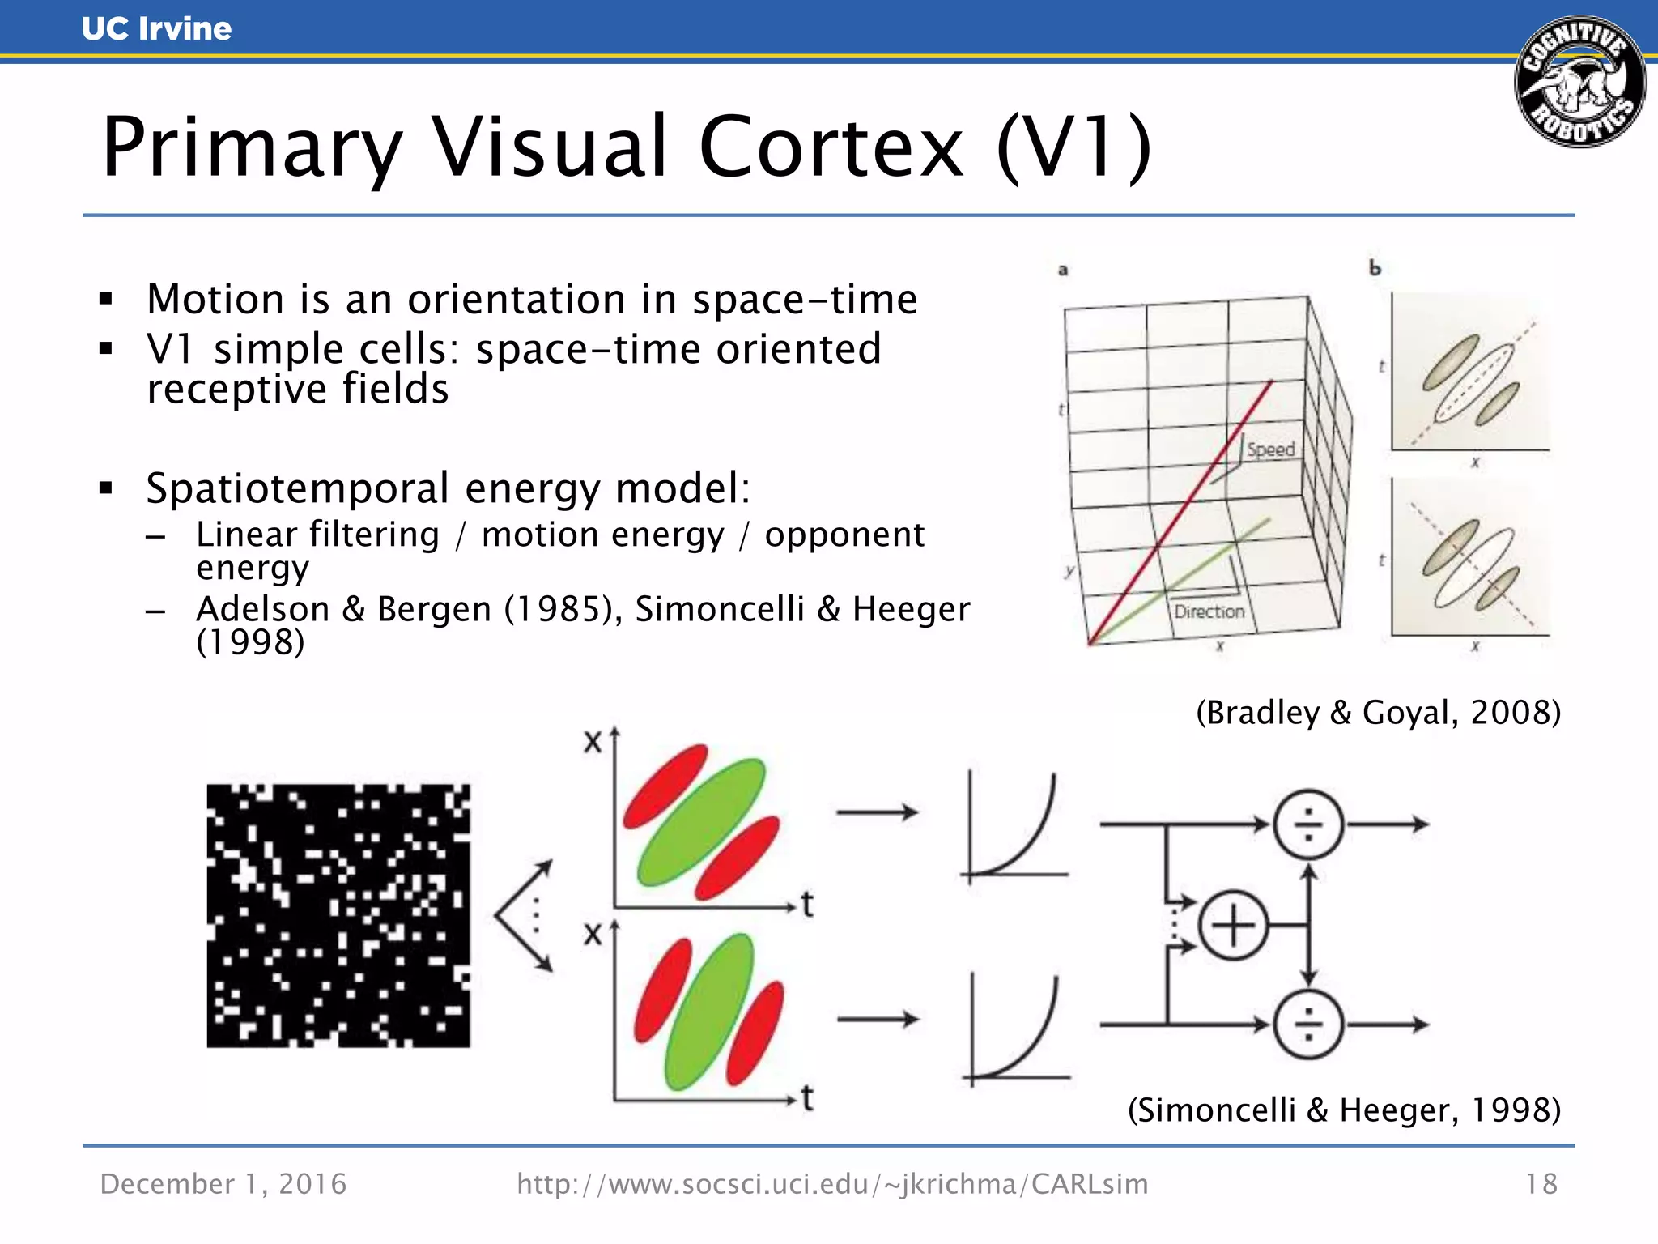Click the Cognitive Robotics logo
pos(1579,82)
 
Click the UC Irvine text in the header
pos(156,29)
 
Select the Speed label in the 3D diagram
pos(1270,449)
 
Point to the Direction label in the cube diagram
pos(1209,611)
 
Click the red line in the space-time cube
pos(1182,510)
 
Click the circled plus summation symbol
pos(1232,925)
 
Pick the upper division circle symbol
pos(1308,824)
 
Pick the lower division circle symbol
pos(1308,1025)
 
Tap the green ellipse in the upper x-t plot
pos(701,821)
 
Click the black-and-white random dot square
pos(338,915)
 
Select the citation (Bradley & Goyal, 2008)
pos(1378,713)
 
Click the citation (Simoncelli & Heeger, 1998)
pos(1344,1110)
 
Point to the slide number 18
pos(1541,1184)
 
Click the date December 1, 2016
pos(223,1184)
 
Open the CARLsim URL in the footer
pos(832,1184)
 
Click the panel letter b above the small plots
pos(1375,268)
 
